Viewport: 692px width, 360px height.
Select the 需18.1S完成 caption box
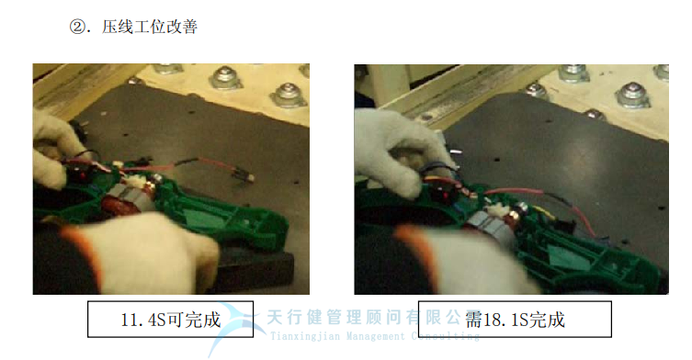point(514,319)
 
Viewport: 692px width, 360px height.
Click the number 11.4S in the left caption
point(142,320)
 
